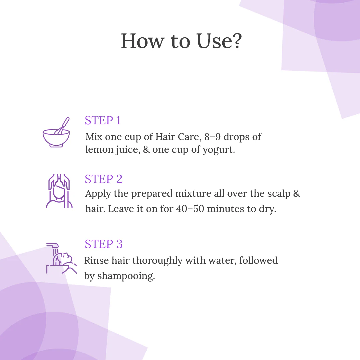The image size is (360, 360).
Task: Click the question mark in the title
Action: point(235,41)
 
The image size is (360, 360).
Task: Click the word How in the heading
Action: point(142,41)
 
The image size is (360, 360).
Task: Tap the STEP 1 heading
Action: point(103,120)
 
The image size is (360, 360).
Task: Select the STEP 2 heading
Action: point(104,179)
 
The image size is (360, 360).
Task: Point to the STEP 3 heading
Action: point(104,244)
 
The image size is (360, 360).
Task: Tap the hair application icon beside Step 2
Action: point(59,191)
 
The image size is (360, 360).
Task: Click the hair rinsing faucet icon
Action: point(61,258)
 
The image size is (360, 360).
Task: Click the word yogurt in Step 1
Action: point(219,150)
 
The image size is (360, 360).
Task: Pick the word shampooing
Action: point(126,276)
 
